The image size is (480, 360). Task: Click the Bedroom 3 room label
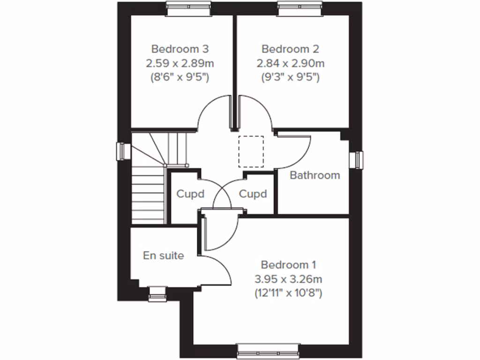coord(180,49)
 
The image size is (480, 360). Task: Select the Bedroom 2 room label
coord(290,49)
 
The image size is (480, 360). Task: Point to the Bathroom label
coord(315,175)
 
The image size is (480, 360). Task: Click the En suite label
coord(163,255)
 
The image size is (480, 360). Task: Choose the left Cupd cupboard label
coord(190,194)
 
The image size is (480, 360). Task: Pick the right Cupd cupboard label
coord(253,194)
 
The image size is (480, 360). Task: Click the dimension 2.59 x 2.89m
coord(180,63)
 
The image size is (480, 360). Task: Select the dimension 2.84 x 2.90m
coord(290,63)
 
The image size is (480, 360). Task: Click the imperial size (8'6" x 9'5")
coord(180,77)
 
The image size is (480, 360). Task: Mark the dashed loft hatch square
coord(251,151)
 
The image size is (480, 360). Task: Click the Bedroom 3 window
coord(189,7)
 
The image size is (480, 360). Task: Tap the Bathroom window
coord(359,159)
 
